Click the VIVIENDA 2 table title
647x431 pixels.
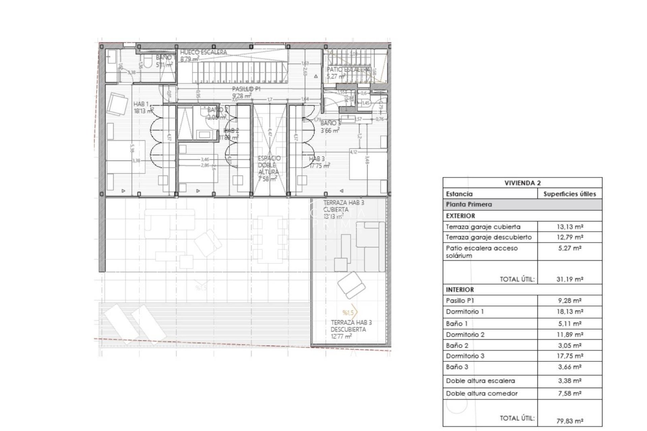coord(522,183)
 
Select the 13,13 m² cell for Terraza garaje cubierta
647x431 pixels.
coord(570,227)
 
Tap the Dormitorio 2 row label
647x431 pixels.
coord(465,335)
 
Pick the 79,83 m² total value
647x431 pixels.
coord(570,421)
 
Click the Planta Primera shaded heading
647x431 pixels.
coord(469,204)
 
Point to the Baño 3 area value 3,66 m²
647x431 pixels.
coord(569,367)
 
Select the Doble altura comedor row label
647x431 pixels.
coord(482,393)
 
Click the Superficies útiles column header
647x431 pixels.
coord(569,194)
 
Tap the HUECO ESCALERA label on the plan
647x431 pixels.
coord(203,53)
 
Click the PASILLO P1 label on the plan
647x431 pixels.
coord(246,89)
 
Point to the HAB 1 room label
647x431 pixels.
coord(141,104)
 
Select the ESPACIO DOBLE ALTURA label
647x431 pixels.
coord(269,165)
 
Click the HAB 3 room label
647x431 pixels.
coord(317,159)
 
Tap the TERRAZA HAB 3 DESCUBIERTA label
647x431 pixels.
coord(351,326)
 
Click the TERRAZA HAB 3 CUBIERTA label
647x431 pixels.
coord(343,206)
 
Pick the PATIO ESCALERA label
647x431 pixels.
coord(348,70)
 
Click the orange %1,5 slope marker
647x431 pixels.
coord(348,313)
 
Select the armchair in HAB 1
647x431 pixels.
coord(117,104)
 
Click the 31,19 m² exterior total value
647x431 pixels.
coord(570,279)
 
